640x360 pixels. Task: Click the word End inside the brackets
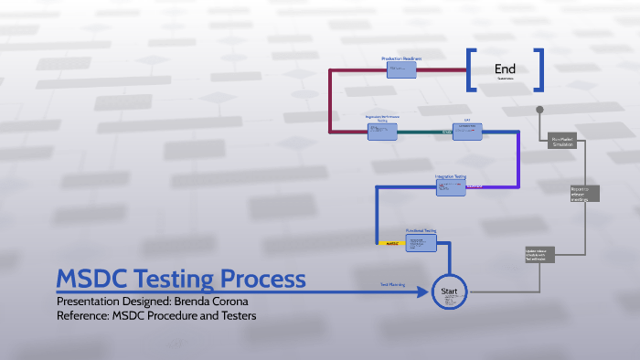[x=505, y=69]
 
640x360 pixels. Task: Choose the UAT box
[x=467, y=132]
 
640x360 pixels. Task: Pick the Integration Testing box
[x=451, y=187]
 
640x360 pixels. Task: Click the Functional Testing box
[x=421, y=244]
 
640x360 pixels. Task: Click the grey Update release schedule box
[x=540, y=253]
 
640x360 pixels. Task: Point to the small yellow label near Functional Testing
[x=390, y=244]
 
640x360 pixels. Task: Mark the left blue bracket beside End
[x=472, y=69]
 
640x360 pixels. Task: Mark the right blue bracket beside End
[x=539, y=69]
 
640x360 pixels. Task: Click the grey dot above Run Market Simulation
[x=540, y=110]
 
